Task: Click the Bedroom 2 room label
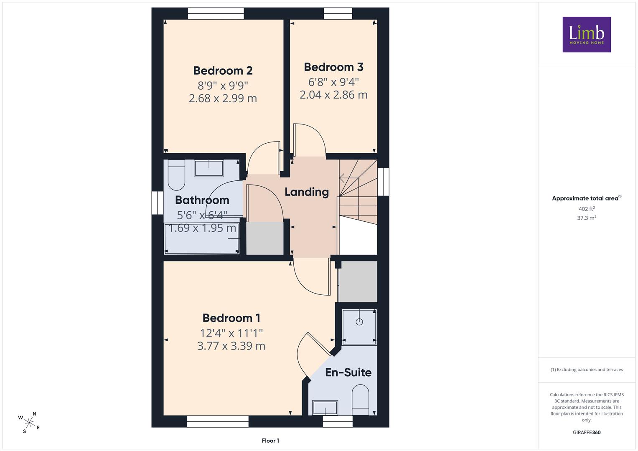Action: (223, 71)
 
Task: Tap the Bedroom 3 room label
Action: (333, 67)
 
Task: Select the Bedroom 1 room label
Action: (231, 318)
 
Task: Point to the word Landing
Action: (307, 192)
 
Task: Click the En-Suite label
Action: (348, 372)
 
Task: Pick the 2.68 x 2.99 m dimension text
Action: (223, 98)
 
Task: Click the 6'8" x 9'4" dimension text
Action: (333, 82)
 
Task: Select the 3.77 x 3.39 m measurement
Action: (231, 346)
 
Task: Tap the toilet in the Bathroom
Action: (177, 175)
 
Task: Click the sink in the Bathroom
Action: (209, 168)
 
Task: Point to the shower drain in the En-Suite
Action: (359, 322)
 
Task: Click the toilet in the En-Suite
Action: (361, 400)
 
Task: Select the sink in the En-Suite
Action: (325, 408)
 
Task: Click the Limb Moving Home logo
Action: (587, 34)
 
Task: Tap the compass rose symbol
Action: (29, 423)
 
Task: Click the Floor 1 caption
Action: (270, 441)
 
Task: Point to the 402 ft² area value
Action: (587, 209)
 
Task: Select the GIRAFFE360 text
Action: (587, 432)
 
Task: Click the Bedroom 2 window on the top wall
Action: (216, 13)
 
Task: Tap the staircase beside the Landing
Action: (358, 192)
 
